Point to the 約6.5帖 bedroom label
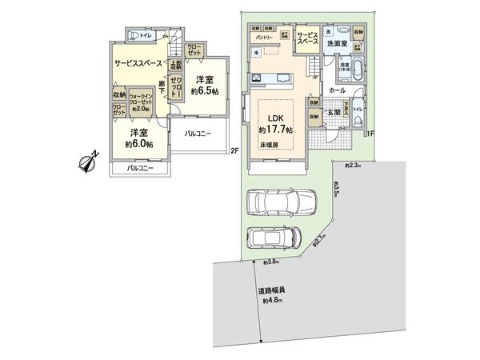coord(203,85)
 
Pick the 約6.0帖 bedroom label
coord(138,139)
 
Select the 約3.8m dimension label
coord(271,262)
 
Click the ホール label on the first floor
coord(336,91)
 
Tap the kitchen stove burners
coord(258,78)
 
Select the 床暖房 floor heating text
coord(269,146)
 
